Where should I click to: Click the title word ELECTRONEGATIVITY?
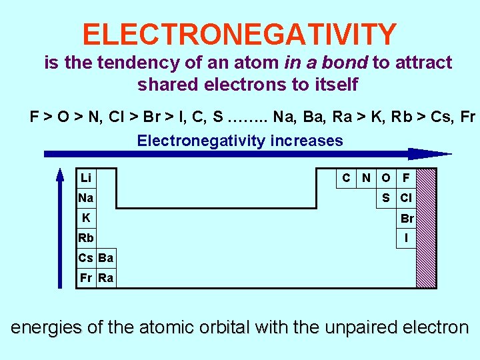pyautogui.click(x=240, y=34)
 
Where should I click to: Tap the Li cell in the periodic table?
pyautogui.click(x=86, y=178)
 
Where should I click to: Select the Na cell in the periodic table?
pyautogui.click(x=86, y=198)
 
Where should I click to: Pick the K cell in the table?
pyautogui.click(x=86, y=218)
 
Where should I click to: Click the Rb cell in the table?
pyautogui.click(x=86, y=238)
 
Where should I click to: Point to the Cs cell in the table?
pyautogui.click(x=86, y=258)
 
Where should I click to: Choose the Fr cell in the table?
pyautogui.click(x=86, y=278)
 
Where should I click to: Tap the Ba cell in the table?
pyautogui.click(x=106, y=258)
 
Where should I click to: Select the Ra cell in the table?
pyautogui.click(x=106, y=278)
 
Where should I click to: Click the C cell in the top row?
pyautogui.click(x=346, y=178)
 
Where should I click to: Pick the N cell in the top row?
pyautogui.click(x=366, y=178)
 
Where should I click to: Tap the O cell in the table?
pyautogui.click(x=386, y=178)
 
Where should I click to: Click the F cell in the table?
pyautogui.click(x=406, y=178)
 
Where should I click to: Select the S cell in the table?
pyautogui.click(x=386, y=198)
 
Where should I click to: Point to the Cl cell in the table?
pyautogui.click(x=406, y=198)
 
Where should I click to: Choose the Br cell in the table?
pyautogui.click(x=407, y=219)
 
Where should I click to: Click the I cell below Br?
pyautogui.click(x=406, y=238)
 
